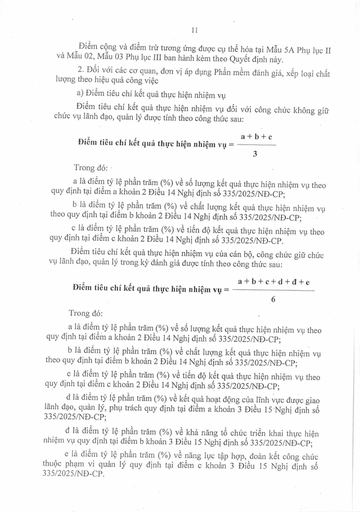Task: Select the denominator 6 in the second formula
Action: coord(273,299)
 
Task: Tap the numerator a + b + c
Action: coord(256,136)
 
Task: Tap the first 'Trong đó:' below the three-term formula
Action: coord(92,168)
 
